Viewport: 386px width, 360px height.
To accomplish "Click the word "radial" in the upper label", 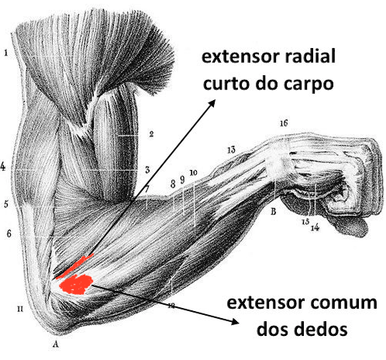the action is click(310, 56).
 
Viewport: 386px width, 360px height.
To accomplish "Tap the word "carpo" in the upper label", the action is click(308, 83).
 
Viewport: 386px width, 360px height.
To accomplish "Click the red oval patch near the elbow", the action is click(76, 284).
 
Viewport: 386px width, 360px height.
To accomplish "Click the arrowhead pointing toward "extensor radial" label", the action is click(212, 103).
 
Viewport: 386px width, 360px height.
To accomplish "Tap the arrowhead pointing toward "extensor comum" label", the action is click(235, 321).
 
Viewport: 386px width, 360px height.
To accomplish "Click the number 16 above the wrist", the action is click(284, 123).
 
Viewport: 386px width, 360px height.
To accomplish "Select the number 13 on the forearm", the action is click(231, 150).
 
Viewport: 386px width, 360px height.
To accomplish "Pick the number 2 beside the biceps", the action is click(151, 134).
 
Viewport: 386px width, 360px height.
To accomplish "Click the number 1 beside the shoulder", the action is click(5, 53).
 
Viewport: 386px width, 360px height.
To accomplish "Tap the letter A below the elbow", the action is click(55, 344).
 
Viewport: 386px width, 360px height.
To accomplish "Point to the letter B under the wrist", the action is click(273, 212).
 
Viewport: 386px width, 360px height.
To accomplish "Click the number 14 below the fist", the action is click(315, 227).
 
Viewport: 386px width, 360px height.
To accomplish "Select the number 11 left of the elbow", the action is click(20, 309).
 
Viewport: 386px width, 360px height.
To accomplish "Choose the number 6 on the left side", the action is click(9, 234).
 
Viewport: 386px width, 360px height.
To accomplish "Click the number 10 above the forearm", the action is click(193, 172).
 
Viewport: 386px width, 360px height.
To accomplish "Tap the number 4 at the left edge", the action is click(3, 167).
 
